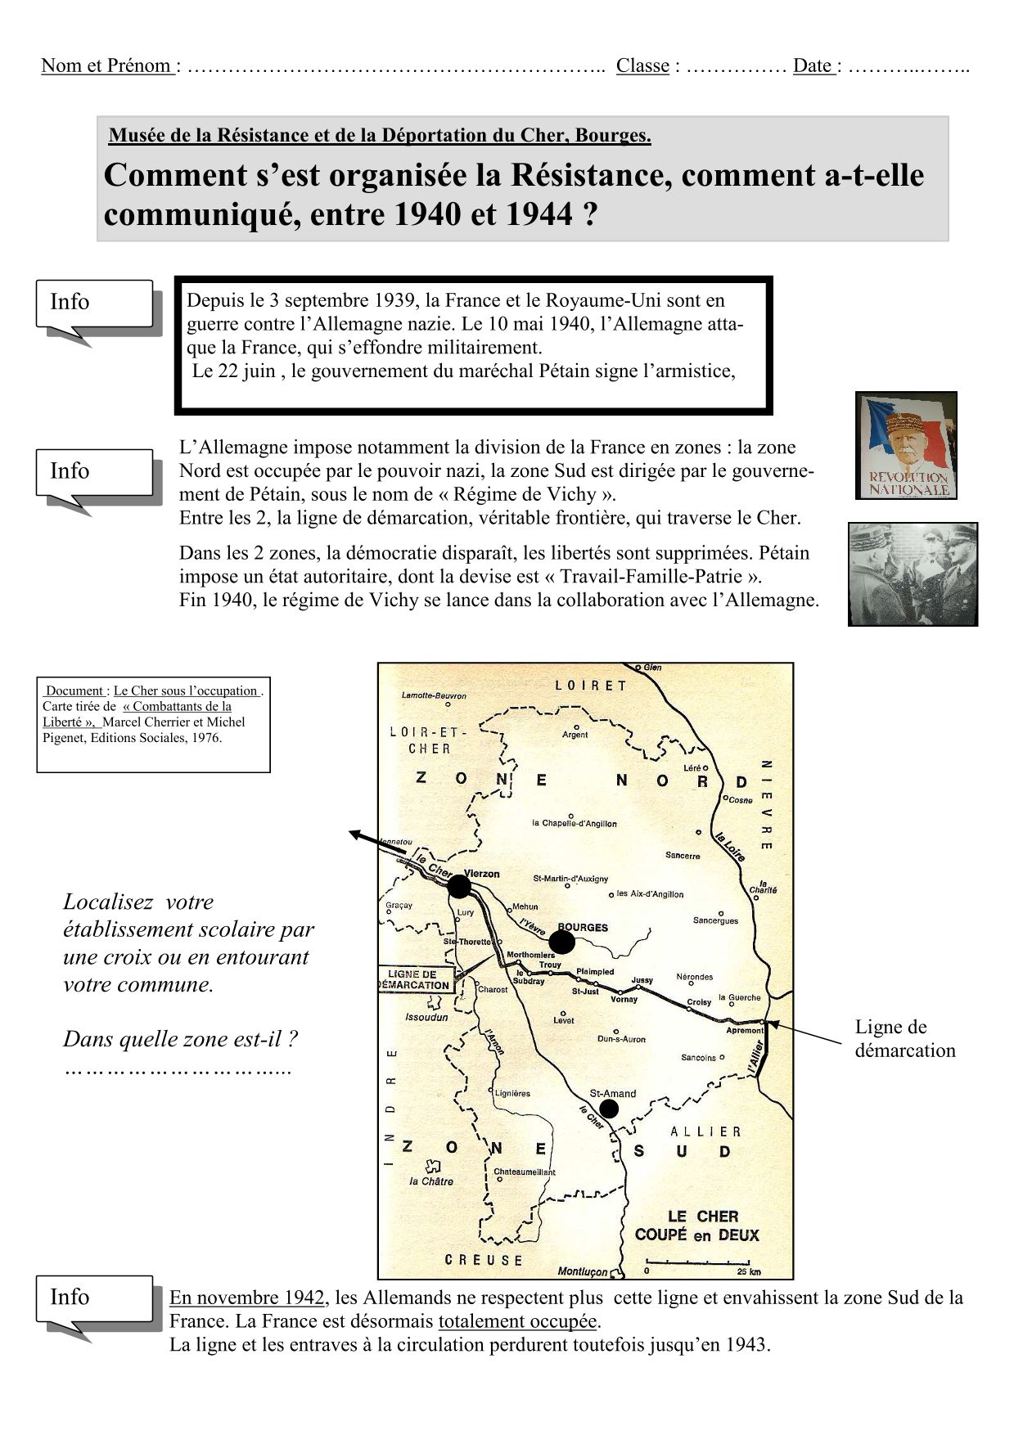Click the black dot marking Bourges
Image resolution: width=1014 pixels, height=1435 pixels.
point(561,942)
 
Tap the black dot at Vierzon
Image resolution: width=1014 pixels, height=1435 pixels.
point(459,887)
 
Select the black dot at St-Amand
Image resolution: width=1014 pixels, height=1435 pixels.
point(609,1109)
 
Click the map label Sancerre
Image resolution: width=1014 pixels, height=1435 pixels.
point(683,856)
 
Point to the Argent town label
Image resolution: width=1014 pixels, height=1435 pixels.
point(575,735)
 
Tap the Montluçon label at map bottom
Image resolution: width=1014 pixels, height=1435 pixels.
point(583,1271)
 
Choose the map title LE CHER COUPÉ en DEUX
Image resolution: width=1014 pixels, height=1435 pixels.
point(696,1226)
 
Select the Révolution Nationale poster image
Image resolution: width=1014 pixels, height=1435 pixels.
point(906,445)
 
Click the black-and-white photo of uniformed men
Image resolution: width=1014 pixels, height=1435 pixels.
point(913,574)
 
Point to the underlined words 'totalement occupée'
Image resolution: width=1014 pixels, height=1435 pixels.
point(518,1321)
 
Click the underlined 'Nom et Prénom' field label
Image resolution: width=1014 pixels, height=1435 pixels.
point(107,66)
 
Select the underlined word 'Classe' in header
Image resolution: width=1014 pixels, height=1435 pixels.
point(642,66)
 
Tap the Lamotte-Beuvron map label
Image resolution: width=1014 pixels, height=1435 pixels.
point(434,695)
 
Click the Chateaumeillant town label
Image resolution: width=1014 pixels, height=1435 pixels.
point(525,1172)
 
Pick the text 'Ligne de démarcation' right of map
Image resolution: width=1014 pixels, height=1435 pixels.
point(904,1039)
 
